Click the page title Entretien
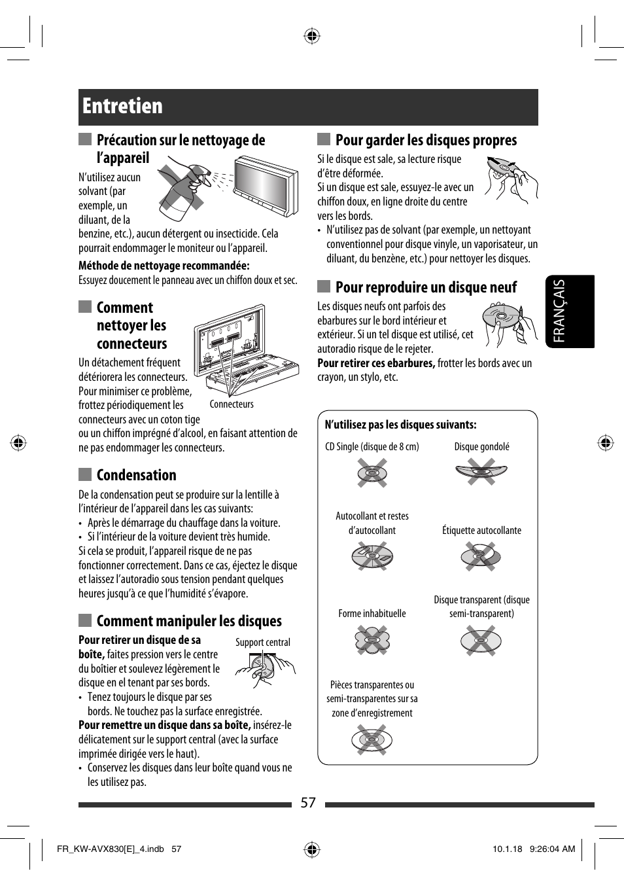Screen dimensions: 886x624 123,106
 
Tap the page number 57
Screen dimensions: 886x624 308,803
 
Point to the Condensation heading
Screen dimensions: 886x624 136,475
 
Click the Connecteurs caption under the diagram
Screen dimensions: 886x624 232,404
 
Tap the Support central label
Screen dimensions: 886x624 262,643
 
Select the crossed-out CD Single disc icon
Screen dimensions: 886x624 372,472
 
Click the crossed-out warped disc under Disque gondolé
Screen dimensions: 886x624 481,472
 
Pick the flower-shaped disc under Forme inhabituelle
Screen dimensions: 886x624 372,640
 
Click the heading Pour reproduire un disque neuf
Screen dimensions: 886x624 426,287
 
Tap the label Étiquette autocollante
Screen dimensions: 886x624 481,531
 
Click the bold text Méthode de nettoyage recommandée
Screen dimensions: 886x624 164,266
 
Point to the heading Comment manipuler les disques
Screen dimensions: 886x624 189,621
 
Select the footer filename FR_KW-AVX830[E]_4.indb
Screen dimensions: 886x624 111,849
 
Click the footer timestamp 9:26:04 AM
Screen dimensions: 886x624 553,849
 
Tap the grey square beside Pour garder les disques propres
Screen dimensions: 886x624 323,139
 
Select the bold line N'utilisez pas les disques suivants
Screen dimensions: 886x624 400,425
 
